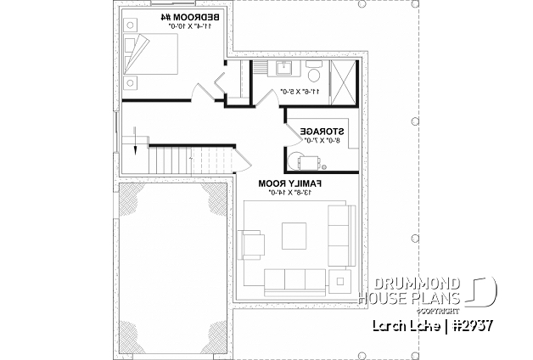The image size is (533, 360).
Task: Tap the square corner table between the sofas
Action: click(341, 279)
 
